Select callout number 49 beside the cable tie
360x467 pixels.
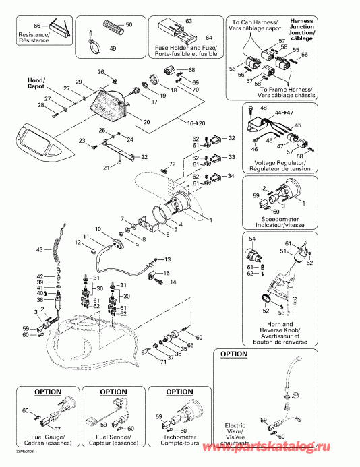click(x=113, y=49)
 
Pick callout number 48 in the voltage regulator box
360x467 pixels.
click(x=264, y=108)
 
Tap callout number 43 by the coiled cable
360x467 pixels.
click(x=39, y=250)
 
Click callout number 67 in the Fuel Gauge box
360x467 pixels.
click(x=57, y=429)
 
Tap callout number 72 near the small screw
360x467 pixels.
click(x=172, y=164)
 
